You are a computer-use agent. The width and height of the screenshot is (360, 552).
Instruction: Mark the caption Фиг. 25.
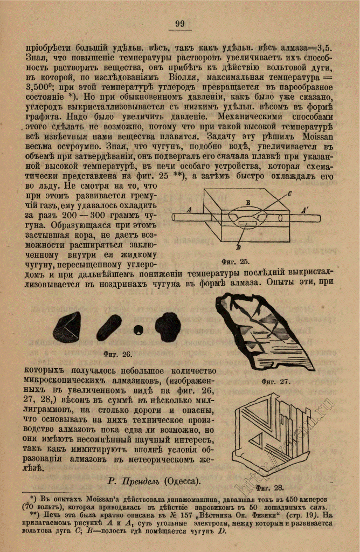click(x=236, y=261)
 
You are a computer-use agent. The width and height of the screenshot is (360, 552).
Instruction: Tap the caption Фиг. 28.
click(x=270, y=488)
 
